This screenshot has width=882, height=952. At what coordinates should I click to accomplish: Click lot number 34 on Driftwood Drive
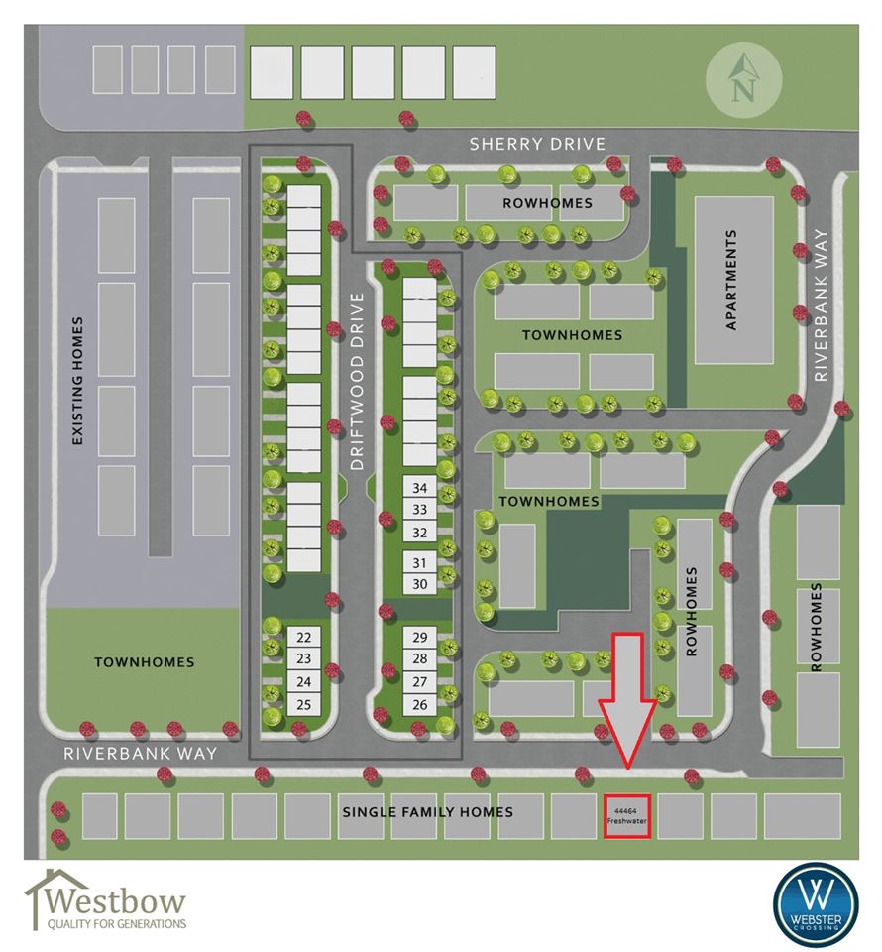point(420,488)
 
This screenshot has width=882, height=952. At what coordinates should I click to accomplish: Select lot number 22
point(304,637)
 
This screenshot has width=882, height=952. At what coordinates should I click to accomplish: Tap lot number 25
point(304,705)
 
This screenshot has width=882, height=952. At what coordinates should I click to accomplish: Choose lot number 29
point(420,637)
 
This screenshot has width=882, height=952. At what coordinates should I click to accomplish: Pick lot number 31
point(420,563)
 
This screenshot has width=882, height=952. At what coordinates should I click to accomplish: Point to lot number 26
point(420,705)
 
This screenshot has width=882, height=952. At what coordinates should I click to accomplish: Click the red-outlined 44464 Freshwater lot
point(627,816)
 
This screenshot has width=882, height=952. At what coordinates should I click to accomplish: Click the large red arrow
point(628,699)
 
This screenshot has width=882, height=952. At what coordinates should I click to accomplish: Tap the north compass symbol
point(743,79)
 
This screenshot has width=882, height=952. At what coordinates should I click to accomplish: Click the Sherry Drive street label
point(537,144)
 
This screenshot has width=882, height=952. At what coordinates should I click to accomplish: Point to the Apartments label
point(731,280)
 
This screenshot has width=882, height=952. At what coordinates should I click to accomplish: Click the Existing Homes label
point(77,381)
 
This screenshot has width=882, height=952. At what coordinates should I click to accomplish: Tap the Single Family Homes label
point(428,812)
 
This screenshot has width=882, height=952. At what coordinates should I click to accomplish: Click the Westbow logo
point(105,900)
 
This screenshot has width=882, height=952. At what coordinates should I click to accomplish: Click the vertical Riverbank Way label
point(821,304)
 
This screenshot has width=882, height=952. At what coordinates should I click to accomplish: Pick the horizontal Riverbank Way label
point(140,754)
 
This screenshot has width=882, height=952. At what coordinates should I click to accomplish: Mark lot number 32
point(420,533)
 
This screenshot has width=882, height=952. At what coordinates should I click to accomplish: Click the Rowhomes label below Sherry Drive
point(547,203)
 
